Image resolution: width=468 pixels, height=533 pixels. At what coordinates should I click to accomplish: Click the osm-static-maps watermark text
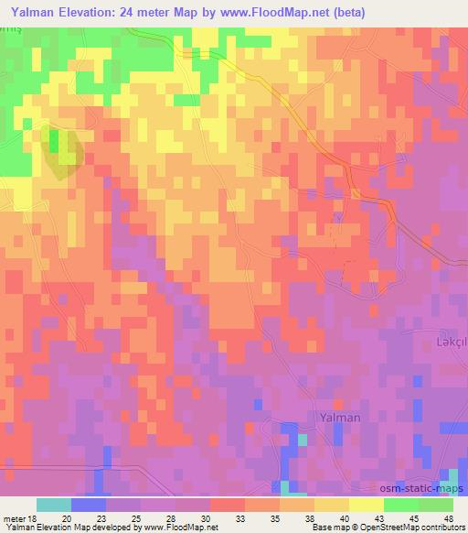tap(421, 490)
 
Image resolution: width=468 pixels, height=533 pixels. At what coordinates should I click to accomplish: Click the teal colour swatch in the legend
tap(54, 505)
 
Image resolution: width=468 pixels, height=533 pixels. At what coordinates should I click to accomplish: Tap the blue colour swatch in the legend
tap(89, 505)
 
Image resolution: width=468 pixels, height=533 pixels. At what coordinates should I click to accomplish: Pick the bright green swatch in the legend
tap(400, 505)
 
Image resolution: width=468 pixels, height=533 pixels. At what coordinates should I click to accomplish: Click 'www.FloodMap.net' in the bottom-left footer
tap(175, 528)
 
